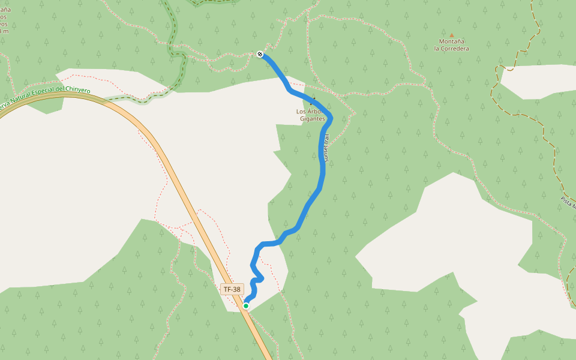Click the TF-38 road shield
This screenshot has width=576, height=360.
coord(232,289)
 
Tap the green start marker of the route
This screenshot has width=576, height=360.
coord(246,306)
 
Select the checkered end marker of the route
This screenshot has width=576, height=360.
coord(260,54)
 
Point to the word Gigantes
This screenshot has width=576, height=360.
coord(313,119)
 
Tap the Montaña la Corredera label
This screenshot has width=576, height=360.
coord(451,44)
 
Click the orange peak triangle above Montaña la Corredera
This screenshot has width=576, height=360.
coord(452,35)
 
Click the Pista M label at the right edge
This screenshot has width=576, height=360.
coord(568,202)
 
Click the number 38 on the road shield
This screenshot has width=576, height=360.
coord(236,289)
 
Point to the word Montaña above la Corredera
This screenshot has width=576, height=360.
coord(451,41)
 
